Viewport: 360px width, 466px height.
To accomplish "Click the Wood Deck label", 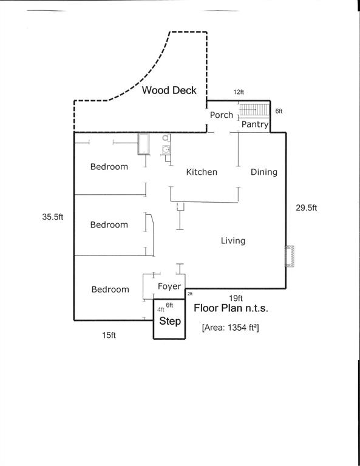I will pyautogui.click(x=169, y=90).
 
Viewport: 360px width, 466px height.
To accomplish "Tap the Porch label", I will pyautogui.click(x=222, y=115).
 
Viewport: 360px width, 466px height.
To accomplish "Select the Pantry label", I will pyautogui.click(x=255, y=124).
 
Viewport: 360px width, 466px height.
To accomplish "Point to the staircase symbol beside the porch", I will pyautogui.click(x=253, y=110).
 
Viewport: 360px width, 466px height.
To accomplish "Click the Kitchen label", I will pyautogui.click(x=202, y=172).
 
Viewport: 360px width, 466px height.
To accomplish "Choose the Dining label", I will pyautogui.click(x=264, y=172).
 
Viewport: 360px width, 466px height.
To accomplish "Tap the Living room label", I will pyautogui.click(x=233, y=241).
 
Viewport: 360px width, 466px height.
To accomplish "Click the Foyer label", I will pyautogui.click(x=169, y=286).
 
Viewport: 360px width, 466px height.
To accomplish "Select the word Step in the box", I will pyautogui.click(x=170, y=321).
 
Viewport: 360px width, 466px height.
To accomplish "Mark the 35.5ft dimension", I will pyautogui.click(x=53, y=217).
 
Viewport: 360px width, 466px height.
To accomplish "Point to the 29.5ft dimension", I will pyautogui.click(x=307, y=208).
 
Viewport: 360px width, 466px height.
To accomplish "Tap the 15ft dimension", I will pyautogui.click(x=109, y=334).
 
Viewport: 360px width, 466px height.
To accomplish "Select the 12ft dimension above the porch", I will pyautogui.click(x=239, y=92).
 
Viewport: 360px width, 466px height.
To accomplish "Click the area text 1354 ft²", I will pyautogui.click(x=230, y=328).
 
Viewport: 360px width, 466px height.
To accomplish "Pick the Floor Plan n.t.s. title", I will pyautogui.click(x=231, y=308).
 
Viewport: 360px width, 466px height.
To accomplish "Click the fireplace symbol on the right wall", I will pyautogui.click(x=291, y=256).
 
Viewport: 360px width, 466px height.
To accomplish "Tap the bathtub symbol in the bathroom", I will pyautogui.click(x=144, y=144).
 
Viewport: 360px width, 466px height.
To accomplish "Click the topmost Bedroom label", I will pyautogui.click(x=109, y=167).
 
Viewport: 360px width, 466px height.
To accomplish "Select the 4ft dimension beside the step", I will pyautogui.click(x=161, y=309).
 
